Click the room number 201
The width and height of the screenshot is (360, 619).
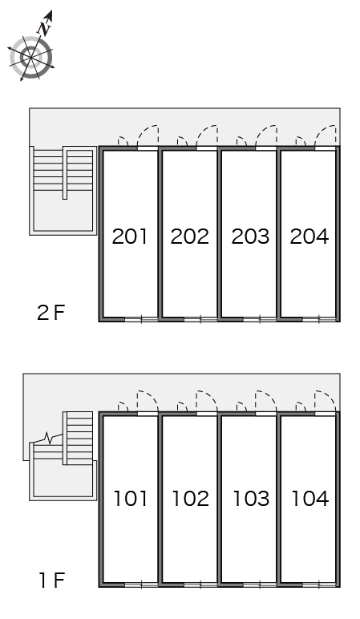[129, 237]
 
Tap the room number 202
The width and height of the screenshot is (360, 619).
[189, 237]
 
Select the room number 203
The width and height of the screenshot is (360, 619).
[250, 237]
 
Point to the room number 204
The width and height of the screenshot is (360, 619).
[309, 237]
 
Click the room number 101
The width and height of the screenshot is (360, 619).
[130, 498]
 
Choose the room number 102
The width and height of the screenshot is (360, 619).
[190, 498]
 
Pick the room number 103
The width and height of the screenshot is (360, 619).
[251, 498]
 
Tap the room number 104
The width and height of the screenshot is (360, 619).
[309, 498]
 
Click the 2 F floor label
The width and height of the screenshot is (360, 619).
[51, 313]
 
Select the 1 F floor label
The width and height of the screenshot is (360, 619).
[51, 581]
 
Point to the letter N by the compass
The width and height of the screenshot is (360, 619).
[44, 28]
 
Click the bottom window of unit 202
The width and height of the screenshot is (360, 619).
[200, 319]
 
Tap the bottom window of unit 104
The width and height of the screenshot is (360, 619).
[319, 585]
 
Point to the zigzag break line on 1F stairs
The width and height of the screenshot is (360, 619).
[48, 439]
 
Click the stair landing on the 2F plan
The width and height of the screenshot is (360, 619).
[63, 211]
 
